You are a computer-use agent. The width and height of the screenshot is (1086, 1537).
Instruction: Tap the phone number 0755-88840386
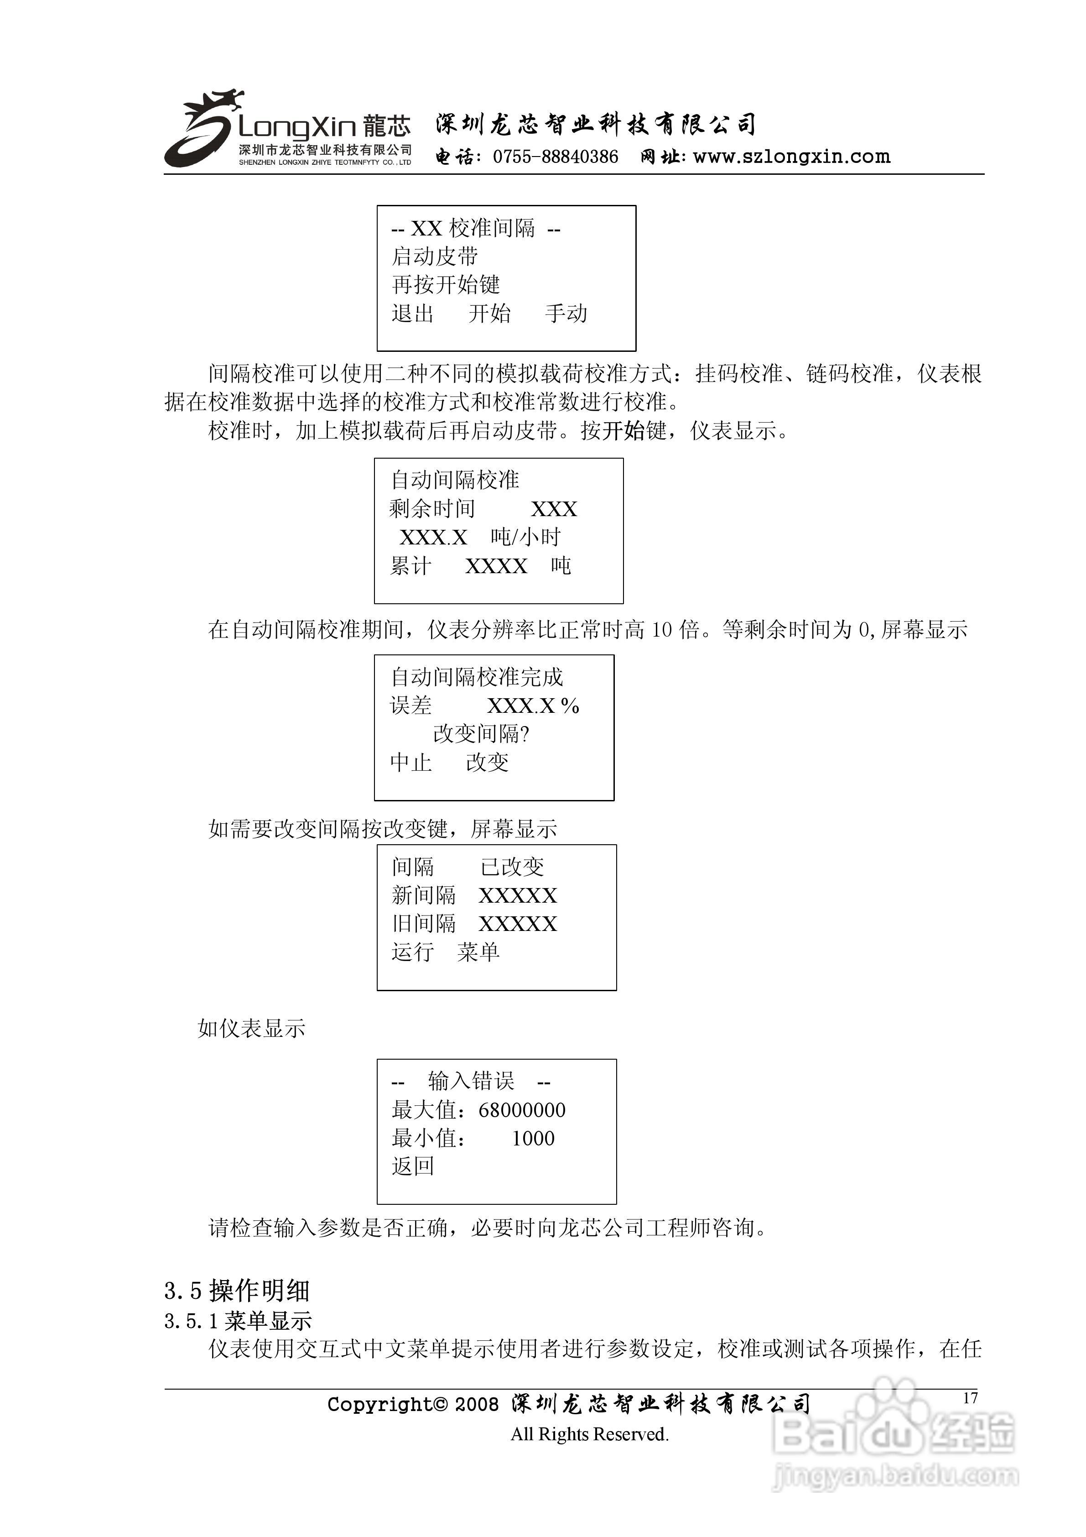coord(556,157)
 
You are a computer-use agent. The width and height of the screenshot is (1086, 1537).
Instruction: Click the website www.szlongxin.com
coord(792,157)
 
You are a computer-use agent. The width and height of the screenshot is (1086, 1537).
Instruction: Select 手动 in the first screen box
coord(566,314)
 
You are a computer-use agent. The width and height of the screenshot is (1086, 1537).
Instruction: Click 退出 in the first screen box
coord(412,314)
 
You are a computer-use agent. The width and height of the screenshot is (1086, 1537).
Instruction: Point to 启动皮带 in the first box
coord(435,256)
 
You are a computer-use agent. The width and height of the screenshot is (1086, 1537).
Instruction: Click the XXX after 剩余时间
coord(554,509)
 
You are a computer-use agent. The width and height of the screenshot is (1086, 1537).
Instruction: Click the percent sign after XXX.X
coord(570,706)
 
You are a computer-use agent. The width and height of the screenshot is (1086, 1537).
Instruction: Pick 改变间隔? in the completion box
coord(481,734)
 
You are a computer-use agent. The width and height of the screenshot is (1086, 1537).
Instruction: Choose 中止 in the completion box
coord(411,763)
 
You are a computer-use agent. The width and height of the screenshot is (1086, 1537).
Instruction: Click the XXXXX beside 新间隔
coord(518,896)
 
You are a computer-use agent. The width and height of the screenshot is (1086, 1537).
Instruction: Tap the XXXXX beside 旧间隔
coord(518,925)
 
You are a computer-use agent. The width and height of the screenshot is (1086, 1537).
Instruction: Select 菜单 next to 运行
coord(478,952)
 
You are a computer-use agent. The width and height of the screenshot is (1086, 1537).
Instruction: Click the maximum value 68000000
coord(522,1111)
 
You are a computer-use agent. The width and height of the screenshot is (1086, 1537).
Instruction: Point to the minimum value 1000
coord(533,1139)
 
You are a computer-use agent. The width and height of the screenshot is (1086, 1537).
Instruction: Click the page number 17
coord(970,1398)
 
